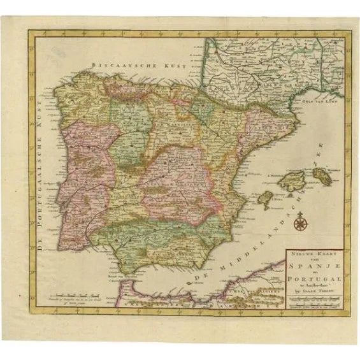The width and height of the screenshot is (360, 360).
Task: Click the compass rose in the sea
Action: click(299, 223)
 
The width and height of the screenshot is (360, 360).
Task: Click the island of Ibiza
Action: click(266, 199)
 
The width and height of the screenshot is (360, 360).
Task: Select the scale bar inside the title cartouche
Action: click(313, 302)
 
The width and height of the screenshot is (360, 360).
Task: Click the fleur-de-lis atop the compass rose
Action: click(299, 215)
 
